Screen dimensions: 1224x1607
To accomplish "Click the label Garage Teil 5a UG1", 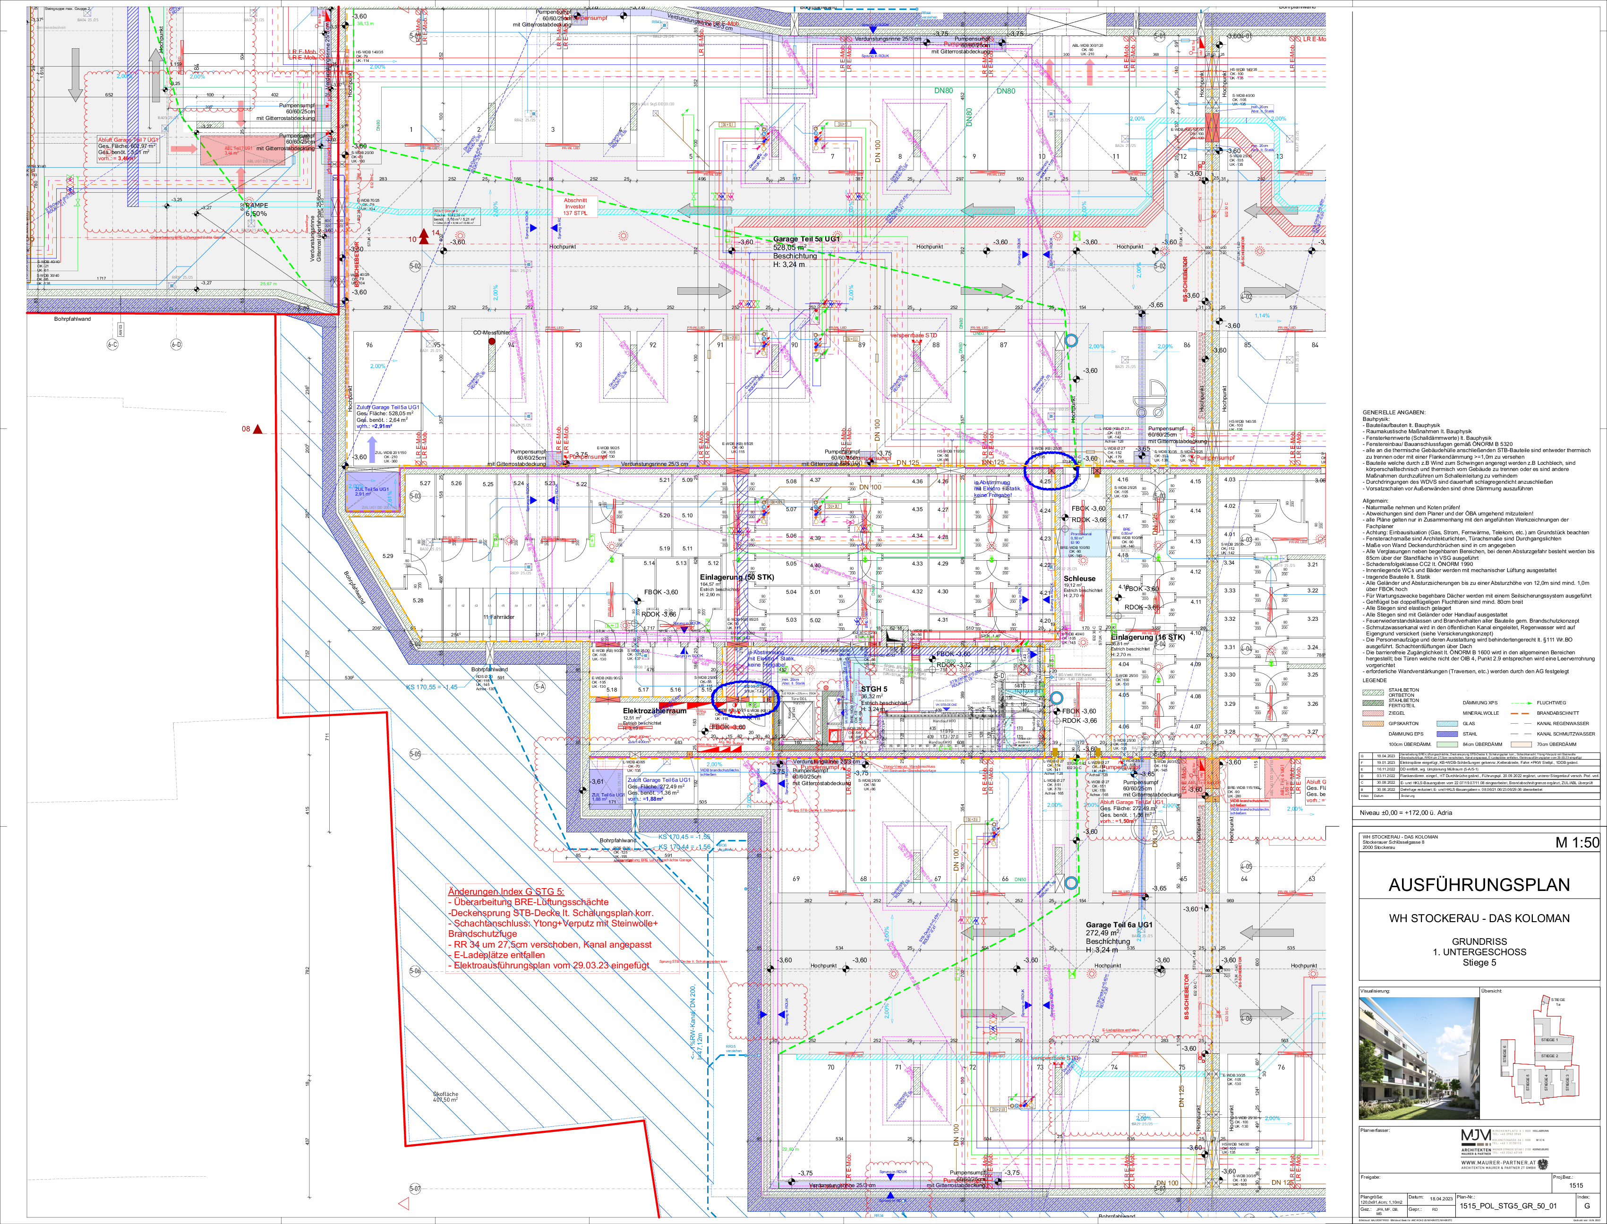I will click(806, 239).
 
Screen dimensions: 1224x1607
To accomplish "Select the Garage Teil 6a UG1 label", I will click(1119, 924).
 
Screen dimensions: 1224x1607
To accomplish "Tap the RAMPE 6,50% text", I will click(256, 210).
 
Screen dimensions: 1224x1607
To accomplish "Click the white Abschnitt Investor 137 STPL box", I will click(575, 206).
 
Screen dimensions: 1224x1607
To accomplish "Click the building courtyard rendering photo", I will click(1419, 1057).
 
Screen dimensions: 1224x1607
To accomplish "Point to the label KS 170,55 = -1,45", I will click(431, 687).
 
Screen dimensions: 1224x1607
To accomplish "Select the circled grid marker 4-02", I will click(1247, 297).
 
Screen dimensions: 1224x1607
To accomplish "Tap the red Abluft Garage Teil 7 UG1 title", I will click(128, 139).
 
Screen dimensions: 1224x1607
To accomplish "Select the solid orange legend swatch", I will click(1521, 745).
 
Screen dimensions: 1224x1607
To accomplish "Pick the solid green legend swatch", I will click(1447, 745).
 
